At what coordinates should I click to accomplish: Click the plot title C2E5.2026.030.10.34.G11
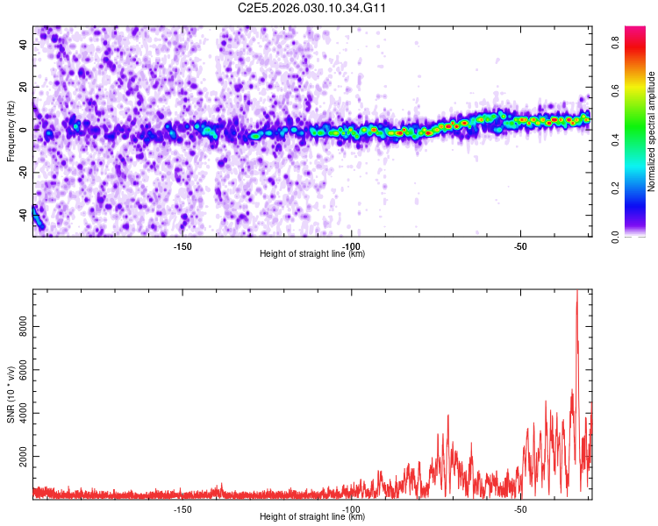click(x=312, y=9)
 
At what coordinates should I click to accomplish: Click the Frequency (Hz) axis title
click(x=11, y=131)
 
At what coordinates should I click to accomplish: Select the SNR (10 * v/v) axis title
click(x=11, y=394)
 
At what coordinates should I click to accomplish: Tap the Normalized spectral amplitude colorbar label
click(x=652, y=131)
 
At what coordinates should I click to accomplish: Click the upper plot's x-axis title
click(x=312, y=254)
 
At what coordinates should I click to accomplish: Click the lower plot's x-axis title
click(x=312, y=517)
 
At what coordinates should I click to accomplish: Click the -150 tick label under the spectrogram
click(x=182, y=246)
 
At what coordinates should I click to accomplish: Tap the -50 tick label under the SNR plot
click(x=520, y=509)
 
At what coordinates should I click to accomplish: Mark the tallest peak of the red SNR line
click(x=576, y=292)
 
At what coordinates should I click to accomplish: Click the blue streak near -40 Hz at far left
click(x=37, y=217)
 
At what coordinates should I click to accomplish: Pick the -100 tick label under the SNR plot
click(x=351, y=509)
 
